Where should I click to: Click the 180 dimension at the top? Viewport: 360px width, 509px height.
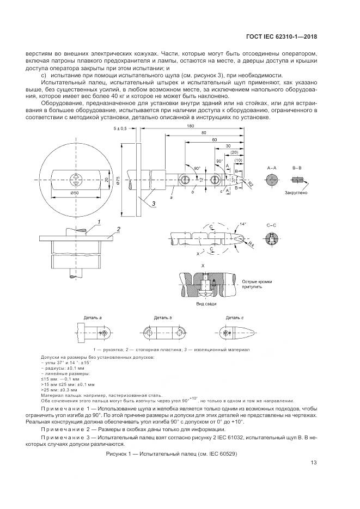[190, 126]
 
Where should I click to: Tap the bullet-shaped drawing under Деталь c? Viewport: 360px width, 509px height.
[237, 333]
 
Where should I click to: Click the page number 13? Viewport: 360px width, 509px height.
[313, 463]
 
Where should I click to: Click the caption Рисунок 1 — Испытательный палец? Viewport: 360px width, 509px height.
[172, 453]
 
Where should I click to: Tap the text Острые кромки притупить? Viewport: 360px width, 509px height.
[255, 284]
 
